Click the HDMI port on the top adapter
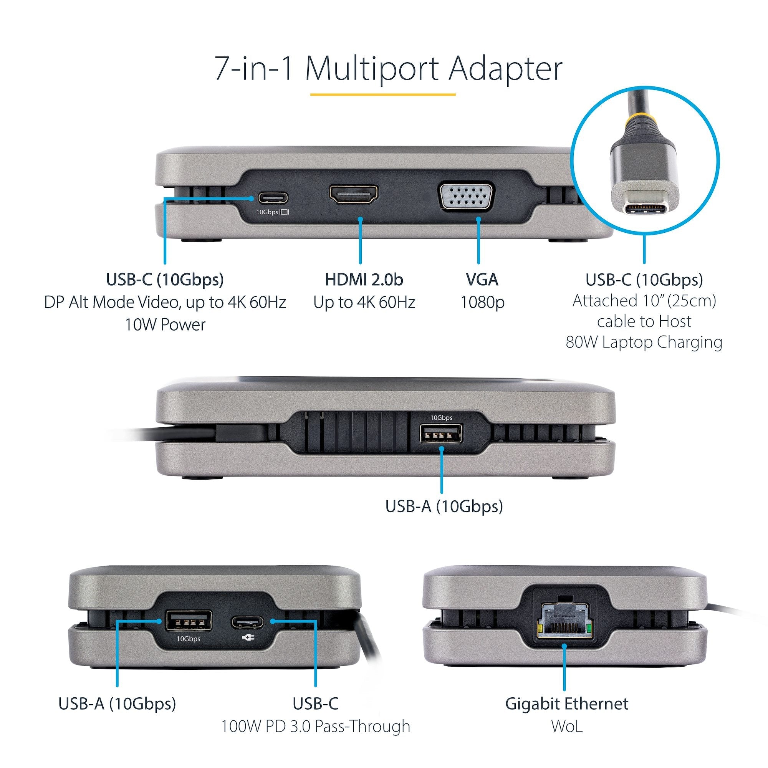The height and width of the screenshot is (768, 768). click(353, 194)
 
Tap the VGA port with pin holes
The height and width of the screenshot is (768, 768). click(466, 195)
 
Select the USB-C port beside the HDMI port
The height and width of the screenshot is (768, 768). click(273, 197)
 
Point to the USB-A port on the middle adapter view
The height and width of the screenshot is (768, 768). click(441, 434)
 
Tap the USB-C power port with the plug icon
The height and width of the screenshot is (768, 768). click(247, 622)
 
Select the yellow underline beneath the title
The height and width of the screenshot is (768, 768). click(383, 94)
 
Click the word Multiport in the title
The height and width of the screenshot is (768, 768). click(372, 69)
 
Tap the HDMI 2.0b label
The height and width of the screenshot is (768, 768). click(364, 280)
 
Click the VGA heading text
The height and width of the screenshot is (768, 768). click(482, 280)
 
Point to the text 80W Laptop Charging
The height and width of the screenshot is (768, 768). click(644, 342)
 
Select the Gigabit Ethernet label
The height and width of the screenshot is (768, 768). click(566, 703)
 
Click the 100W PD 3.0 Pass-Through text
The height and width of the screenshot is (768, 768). click(315, 726)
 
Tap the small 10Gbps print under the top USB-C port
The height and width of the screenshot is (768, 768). click(267, 212)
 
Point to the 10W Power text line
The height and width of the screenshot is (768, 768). click(165, 325)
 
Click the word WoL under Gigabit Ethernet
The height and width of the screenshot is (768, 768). click(566, 726)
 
